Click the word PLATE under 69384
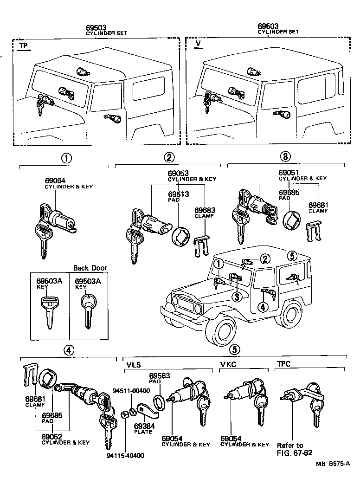click(x=143, y=432)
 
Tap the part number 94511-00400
click(x=131, y=390)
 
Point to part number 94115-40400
click(x=125, y=455)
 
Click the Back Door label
click(x=90, y=268)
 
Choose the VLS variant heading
click(x=134, y=364)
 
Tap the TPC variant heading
click(x=284, y=364)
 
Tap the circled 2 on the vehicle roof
click(x=264, y=258)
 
